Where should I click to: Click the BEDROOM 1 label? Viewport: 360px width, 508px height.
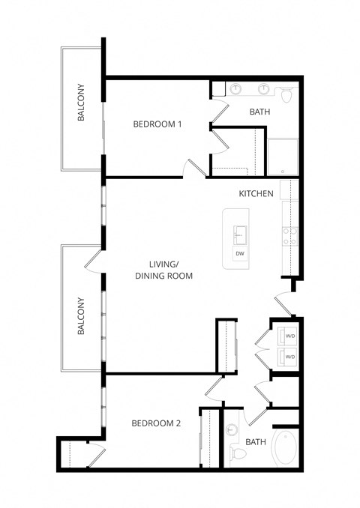[157, 124]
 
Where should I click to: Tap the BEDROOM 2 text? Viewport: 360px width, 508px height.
[156, 423]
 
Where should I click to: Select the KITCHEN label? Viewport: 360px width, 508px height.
[256, 194]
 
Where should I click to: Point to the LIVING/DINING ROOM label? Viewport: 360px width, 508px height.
[164, 270]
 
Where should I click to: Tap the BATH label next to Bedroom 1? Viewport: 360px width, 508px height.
[259, 112]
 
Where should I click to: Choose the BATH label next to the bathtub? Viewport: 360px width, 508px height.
[256, 442]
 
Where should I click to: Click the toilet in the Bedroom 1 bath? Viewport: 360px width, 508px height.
[286, 94]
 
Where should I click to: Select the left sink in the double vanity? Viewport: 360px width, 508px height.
[236, 90]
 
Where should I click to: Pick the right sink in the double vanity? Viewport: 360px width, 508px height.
[263, 90]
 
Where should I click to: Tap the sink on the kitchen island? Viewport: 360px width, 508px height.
[240, 235]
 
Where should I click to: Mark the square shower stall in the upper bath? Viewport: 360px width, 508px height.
[283, 157]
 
